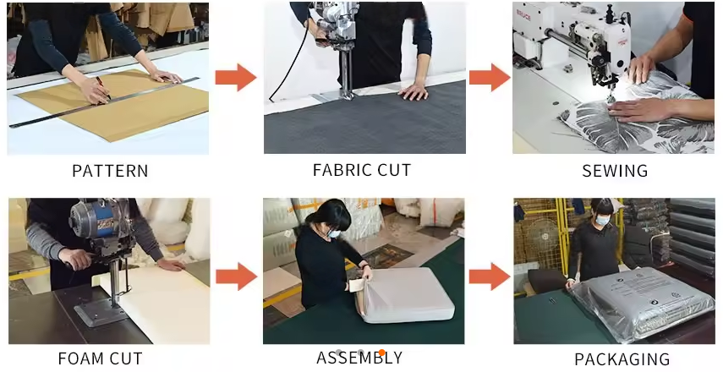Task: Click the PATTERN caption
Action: pyautogui.click(x=110, y=171)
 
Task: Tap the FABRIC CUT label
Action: pyautogui.click(x=362, y=170)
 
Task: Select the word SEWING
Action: pyautogui.click(x=615, y=171)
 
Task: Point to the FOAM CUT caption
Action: pyautogui.click(x=100, y=358)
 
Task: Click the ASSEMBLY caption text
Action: pyautogui.click(x=359, y=358)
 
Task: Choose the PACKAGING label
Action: pyautogui.click(x=622, y=359)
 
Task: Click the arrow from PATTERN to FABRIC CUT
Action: pyautogui.click(x=236, y=77)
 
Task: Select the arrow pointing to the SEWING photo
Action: pyautogui.click(x=490, y=77)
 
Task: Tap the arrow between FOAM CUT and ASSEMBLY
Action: pyautogui.click(x=236, y=276)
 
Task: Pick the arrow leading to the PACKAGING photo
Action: pyautogui.click(x=490, y=276)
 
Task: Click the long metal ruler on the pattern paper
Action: pyautogui.click(x=104, y=102)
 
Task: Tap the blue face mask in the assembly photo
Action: pyautogui.click(x=334, y=233)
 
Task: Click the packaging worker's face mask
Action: pyautogui.click(x=602, y=221)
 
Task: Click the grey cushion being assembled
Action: pyautogui.click(x=405, y=295)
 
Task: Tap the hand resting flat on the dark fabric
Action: pyautogui.click(x=414, y=91)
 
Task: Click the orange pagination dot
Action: pyautogui.click(x=381, y=353)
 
